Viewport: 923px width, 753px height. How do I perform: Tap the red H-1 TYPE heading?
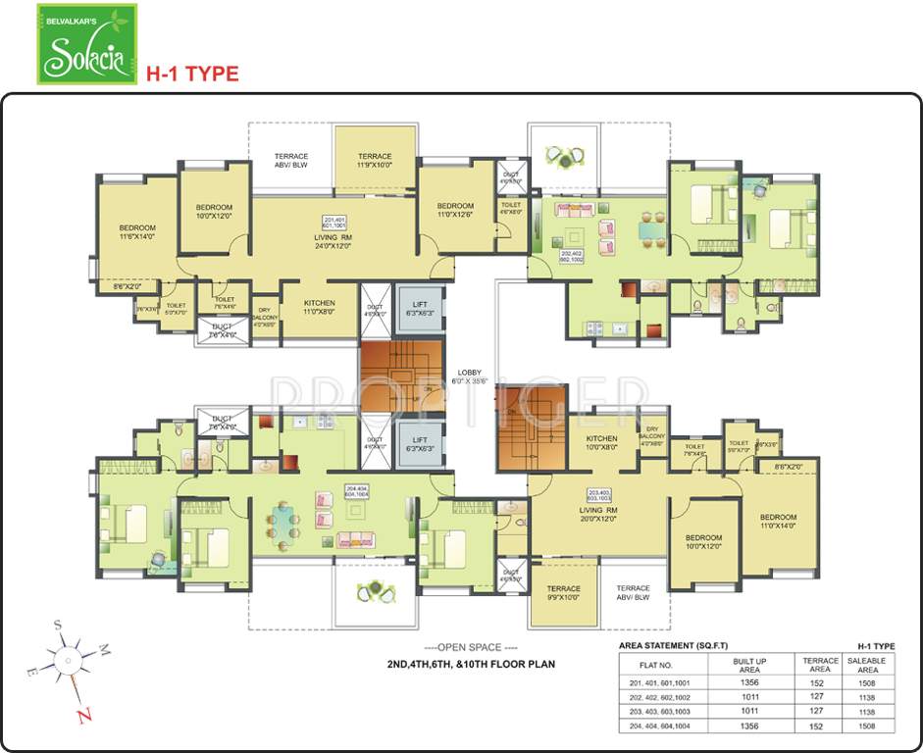pos(192,73)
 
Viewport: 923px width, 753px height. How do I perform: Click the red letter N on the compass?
pos(85,714)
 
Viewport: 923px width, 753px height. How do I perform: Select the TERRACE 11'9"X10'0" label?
pos(374,161)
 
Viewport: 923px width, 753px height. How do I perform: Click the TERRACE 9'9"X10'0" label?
pos(563,593)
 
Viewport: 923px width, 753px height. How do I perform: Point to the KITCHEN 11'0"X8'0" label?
pos(319,307)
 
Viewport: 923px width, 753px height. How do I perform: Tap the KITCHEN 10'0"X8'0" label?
pos(601,443)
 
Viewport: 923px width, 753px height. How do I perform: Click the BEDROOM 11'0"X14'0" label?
pos(777,522)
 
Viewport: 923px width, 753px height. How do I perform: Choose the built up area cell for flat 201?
pos(749,681)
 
